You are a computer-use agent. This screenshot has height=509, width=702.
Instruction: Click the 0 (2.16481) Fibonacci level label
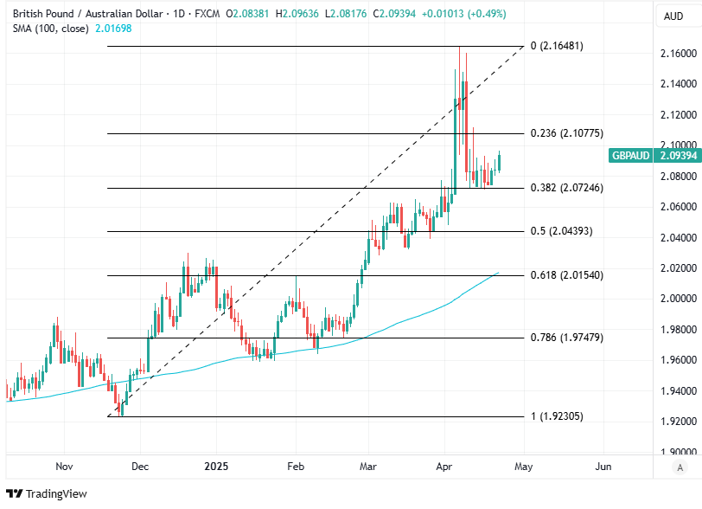click(556, 46)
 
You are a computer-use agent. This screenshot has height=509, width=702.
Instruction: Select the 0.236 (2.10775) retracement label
click(566, 133)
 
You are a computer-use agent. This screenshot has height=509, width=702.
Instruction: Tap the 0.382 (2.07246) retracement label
click(566, 188)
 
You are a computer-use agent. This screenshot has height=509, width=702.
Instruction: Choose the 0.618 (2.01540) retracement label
click(566, 275)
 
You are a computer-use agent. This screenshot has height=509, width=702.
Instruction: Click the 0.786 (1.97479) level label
click(566, 338)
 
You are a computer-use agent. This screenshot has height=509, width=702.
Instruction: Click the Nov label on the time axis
click(64, 467)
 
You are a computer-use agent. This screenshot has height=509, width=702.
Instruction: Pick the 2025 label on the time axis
click(216, 467)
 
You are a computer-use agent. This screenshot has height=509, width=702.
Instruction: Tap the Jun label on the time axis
click(603, 467)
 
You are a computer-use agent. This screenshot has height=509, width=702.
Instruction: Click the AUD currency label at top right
click(673, 16)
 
